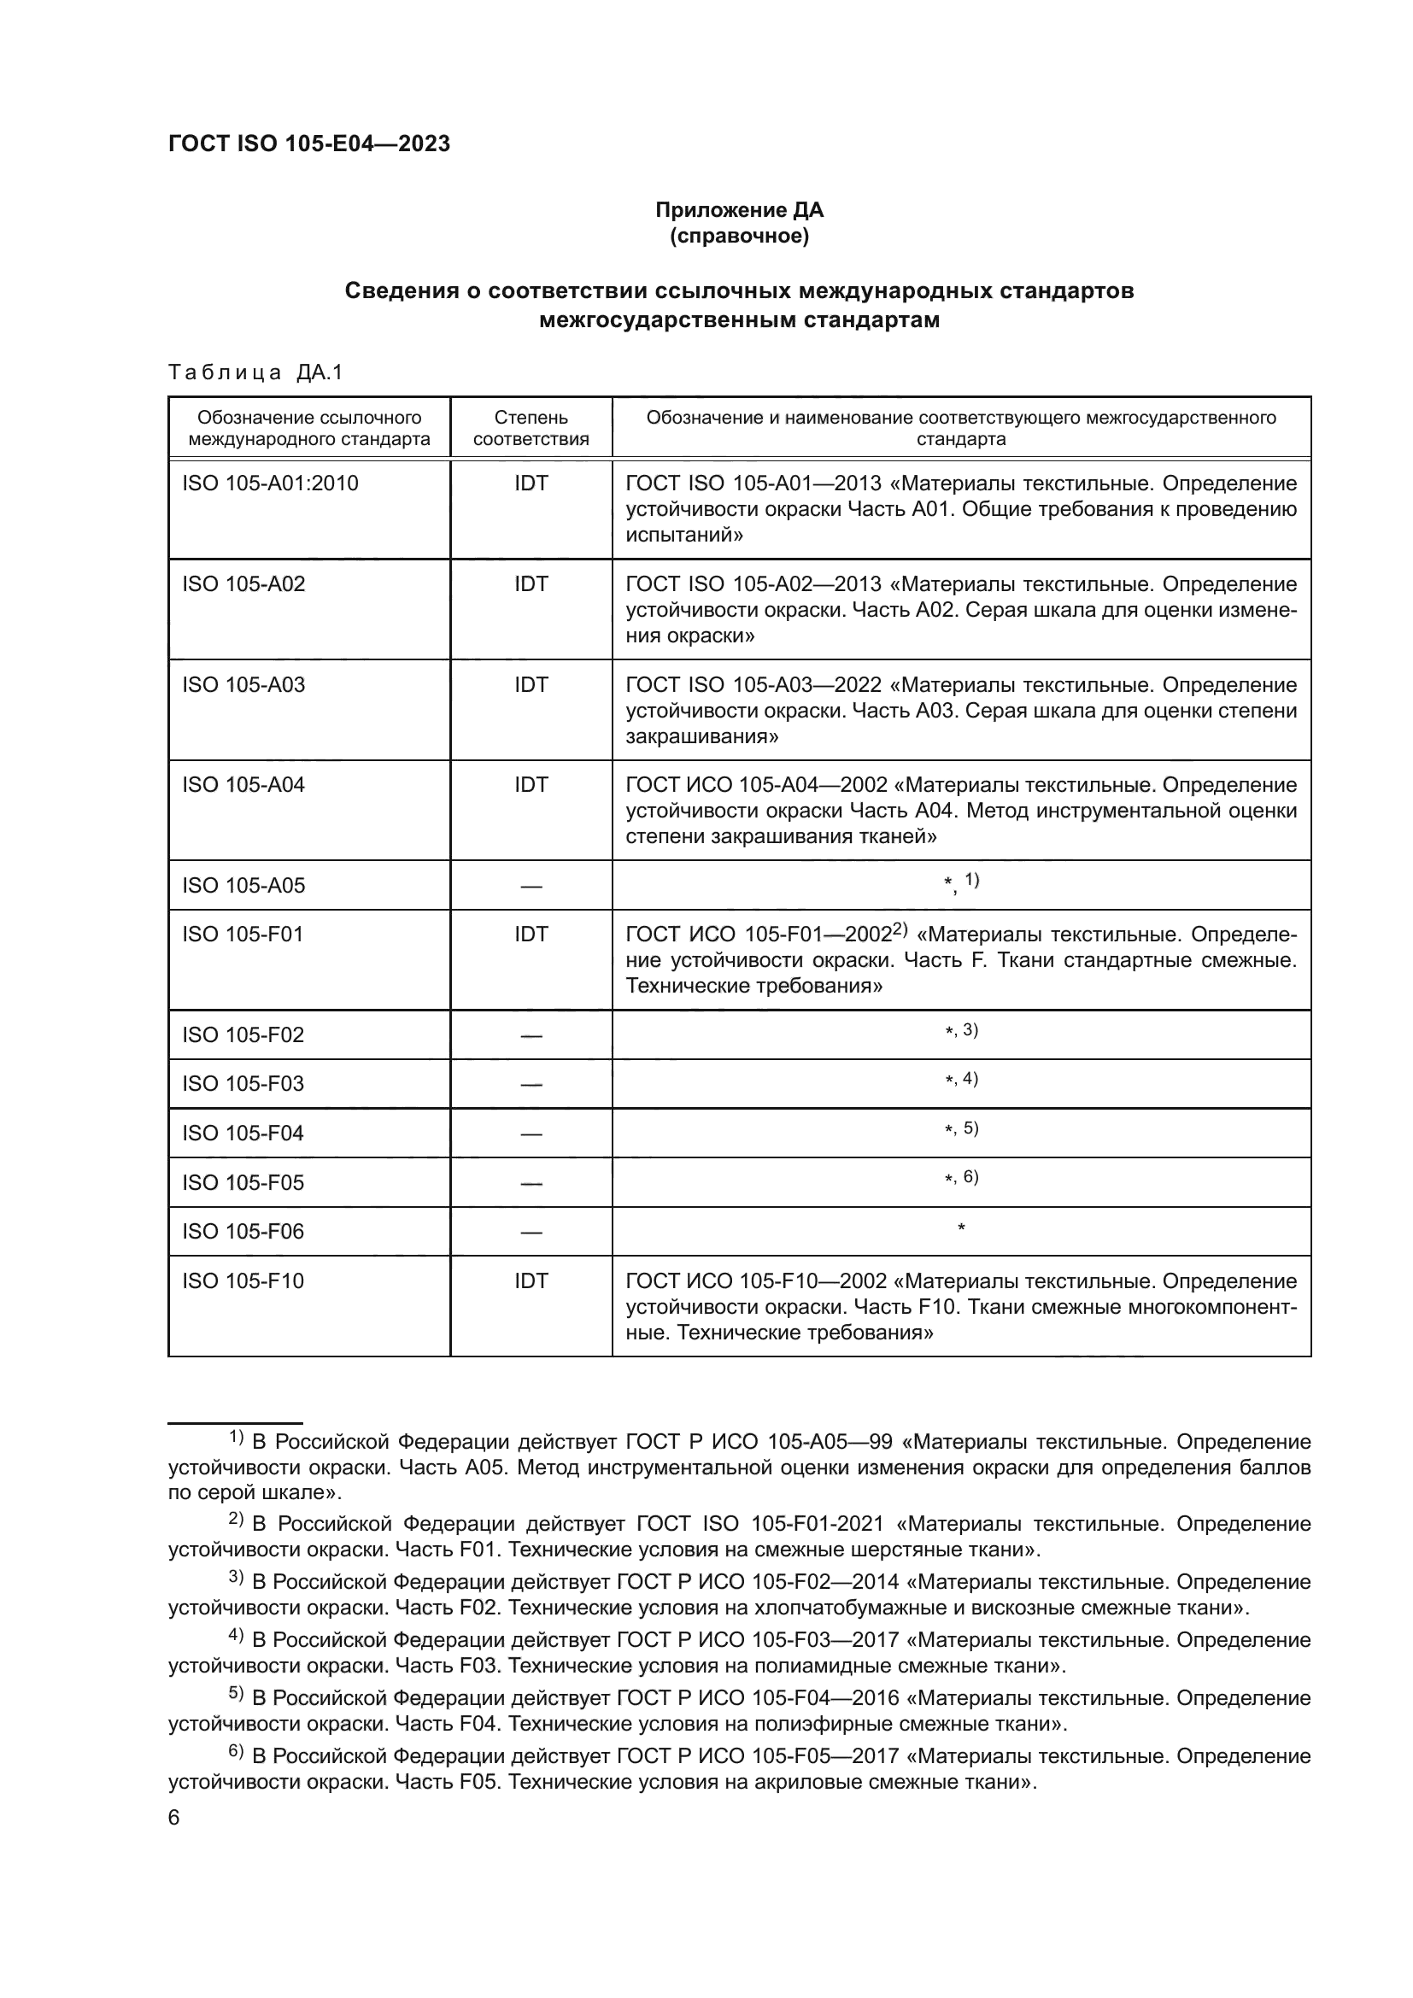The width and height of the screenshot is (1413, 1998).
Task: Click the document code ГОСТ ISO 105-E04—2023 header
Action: [x=309, y=144]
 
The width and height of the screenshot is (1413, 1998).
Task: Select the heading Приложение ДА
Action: [x=739, y=210]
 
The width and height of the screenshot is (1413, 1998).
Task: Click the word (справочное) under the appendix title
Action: [x=739, y=236]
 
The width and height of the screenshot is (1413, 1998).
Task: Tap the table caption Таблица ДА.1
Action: [x=255, y=372]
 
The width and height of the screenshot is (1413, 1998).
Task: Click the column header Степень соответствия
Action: [x=531, y=428]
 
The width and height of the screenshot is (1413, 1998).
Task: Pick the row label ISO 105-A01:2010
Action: [x=270, y=483]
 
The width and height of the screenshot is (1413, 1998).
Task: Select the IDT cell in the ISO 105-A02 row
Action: [x=531, y=584]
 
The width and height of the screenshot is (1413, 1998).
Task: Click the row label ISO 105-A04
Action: [x=243, y=785]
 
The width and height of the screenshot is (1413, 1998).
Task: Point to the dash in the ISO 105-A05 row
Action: [x=531, y=887]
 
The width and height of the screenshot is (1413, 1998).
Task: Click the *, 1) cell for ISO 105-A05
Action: [x=961, y=883]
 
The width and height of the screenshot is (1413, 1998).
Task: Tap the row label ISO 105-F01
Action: [x=243, y=935]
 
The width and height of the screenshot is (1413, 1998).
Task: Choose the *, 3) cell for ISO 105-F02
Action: [x=961, y=1031]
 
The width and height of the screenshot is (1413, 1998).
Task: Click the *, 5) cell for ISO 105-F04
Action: [x=961, y=1129]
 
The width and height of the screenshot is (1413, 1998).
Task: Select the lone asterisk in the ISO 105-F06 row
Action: [x=961, y=1228]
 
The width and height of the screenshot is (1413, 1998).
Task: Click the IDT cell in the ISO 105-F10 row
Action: [x=531, y=1281]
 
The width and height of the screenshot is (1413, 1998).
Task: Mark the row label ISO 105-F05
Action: [x=243, y=1182]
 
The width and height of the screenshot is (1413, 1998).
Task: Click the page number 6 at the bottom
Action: [x=174, y=1818]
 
